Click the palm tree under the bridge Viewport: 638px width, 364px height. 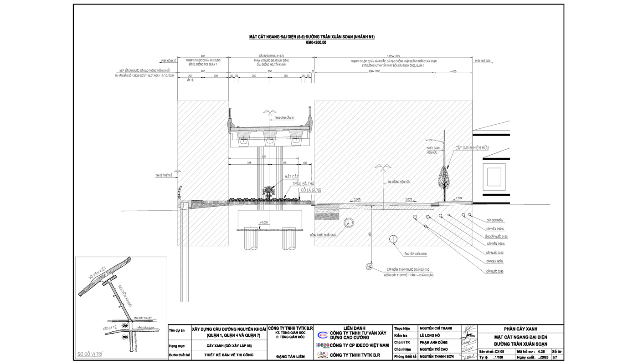[x=268, y=192]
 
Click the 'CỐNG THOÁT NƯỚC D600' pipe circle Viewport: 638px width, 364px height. [x=349, y=222]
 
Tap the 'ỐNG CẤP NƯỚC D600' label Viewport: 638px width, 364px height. [x=415, y=254]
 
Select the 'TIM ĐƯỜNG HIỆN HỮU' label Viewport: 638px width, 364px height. [x=399, y=182]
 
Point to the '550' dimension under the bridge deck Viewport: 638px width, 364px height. [x=263, y=157]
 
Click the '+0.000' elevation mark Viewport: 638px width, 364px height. [x=263, y=222]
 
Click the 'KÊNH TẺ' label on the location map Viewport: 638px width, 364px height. [x=110, y=328]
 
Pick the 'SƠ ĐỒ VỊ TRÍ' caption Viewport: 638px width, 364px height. [x=90, y=354]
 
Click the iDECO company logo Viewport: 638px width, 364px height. [x=323, y=345]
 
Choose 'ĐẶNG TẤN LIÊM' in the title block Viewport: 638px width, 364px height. [x=290, y=357]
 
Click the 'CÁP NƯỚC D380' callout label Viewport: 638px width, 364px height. [x=494, y=271]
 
